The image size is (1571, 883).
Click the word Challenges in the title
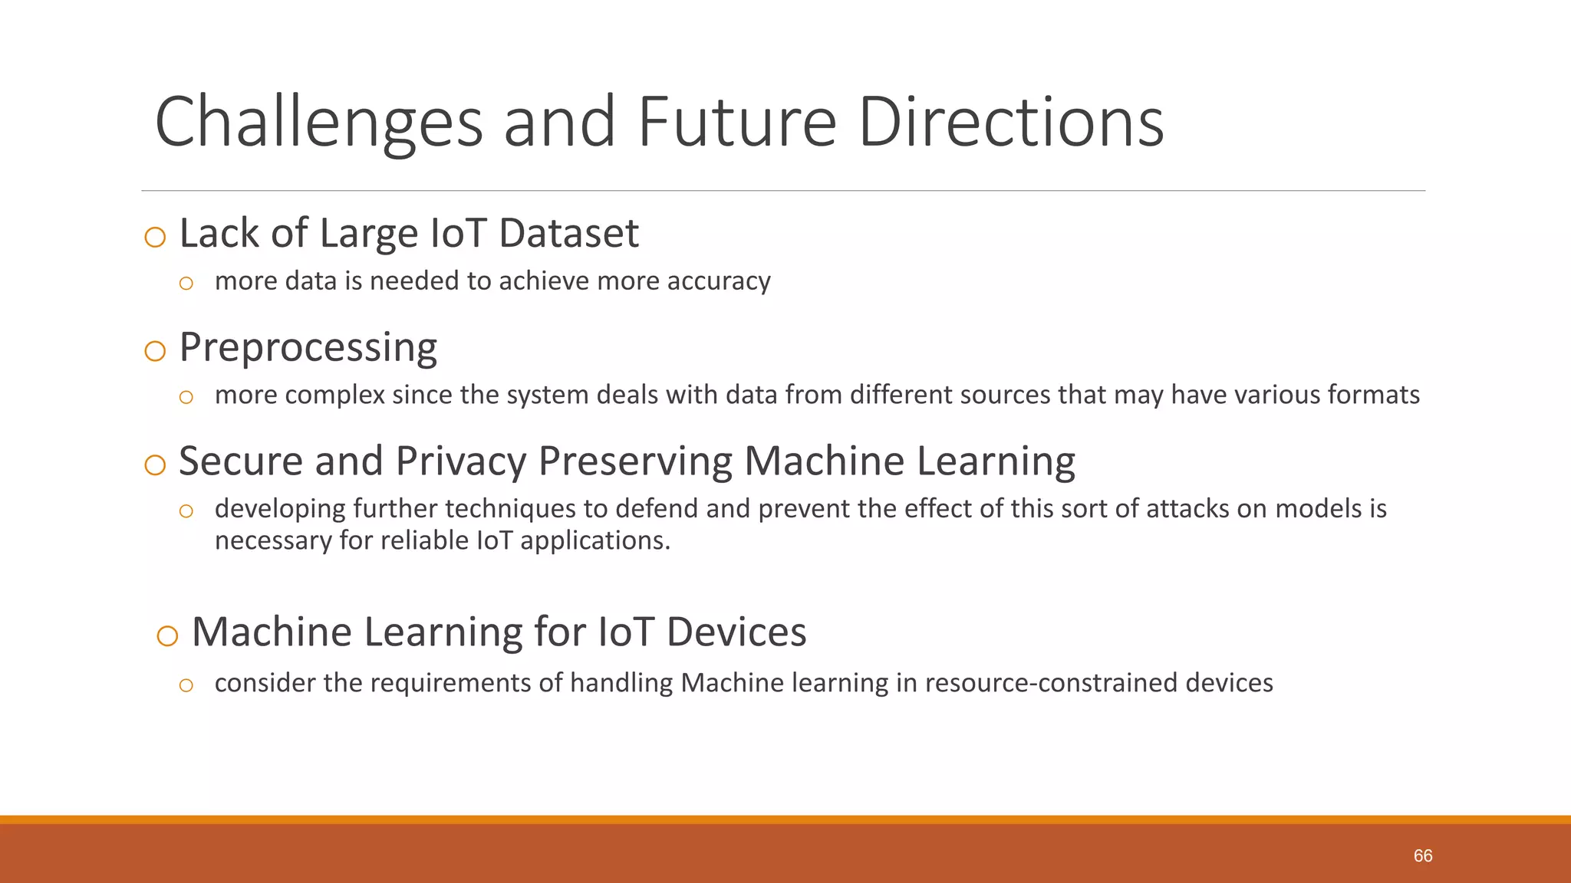[x=318, y=123]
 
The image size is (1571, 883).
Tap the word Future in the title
[x=736, y=123]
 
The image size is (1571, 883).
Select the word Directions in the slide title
[x=1011, y=123]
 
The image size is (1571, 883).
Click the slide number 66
[x=1423, y=856]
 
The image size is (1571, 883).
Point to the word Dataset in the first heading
[x=568, y=233]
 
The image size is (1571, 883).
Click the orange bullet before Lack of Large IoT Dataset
[x=155, y=237]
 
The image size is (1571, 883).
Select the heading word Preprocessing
[x=308, y=347]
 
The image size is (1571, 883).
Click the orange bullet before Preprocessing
[x=155, y=351]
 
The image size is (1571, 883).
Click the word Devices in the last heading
[x=736, y=632]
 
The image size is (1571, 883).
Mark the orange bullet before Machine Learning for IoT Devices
[x=167, y=635]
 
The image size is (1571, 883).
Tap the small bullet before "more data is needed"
[x=186, y=284]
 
